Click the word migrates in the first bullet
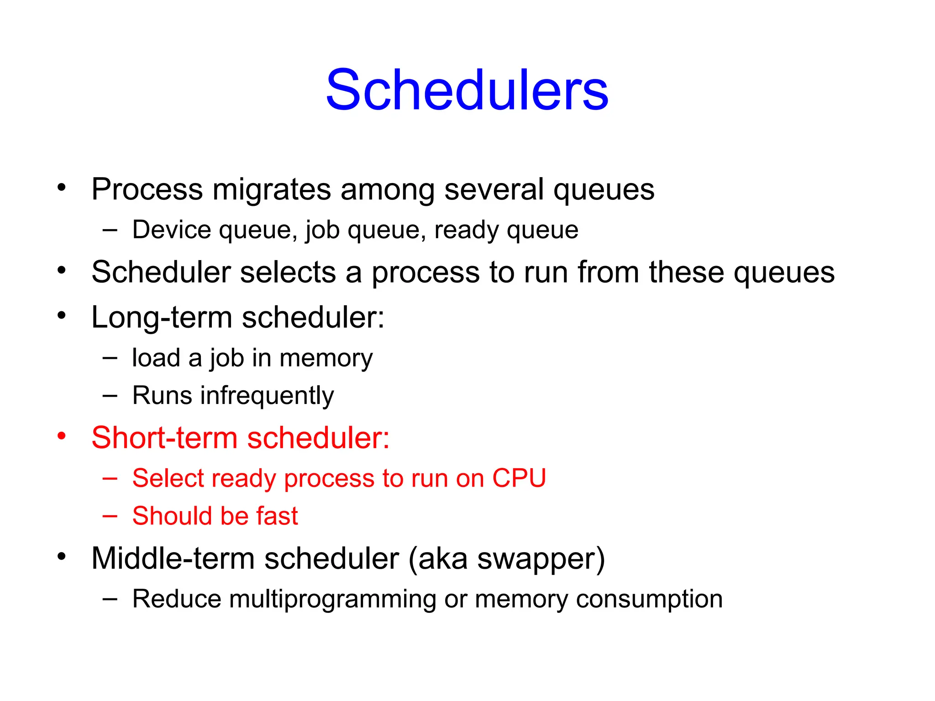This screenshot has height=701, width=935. point(272,189)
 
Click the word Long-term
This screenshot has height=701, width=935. point(162,317)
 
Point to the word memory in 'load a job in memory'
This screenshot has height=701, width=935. point(326,358)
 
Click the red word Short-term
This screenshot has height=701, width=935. point(164,438)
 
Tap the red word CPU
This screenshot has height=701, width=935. point(519,478)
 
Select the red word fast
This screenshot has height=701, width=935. point(277,516)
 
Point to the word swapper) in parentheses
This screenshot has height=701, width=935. point(541,559)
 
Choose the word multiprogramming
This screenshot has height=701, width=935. point(333,599)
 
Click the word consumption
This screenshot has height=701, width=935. point(649,599)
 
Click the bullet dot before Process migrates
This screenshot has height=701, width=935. point(62,187)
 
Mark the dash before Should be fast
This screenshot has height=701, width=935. point(110,516)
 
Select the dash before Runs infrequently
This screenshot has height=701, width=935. point(110,396)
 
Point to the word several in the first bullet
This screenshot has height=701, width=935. point(494,189)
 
